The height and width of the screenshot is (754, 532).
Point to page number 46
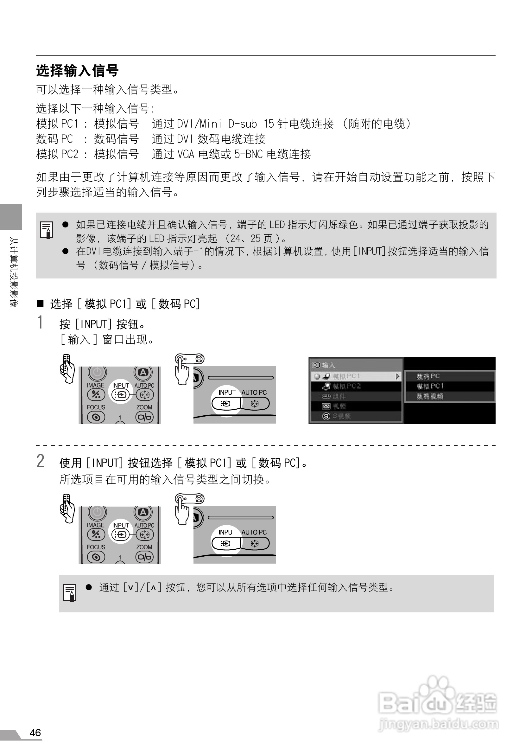[x=35, y=732]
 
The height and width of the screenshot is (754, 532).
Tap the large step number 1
[x=40, y=322]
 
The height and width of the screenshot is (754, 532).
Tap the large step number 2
[x=40, y=461]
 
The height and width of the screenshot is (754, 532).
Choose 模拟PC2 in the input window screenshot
[x=346, y=386]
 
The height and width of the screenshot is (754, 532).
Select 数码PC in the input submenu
[x=428, y=376]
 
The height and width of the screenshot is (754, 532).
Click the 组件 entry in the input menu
[x=339, y=396]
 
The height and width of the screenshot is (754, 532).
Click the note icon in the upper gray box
[x=47, y=230]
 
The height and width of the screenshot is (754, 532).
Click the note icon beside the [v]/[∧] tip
[x=70, y=593]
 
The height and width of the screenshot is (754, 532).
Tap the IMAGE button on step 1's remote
[x=96, y=394]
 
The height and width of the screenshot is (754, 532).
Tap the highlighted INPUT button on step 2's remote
[x=120, y=535]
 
